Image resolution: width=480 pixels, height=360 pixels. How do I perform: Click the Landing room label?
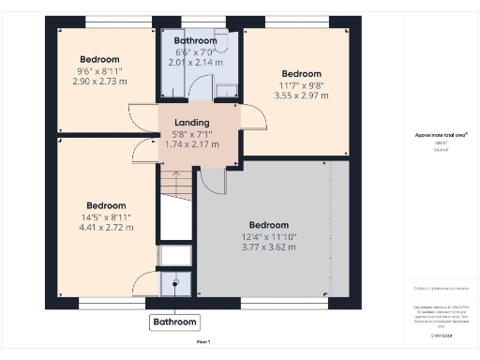coord(198,123)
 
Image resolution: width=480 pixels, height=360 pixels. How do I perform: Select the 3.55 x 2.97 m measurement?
coord(301,96)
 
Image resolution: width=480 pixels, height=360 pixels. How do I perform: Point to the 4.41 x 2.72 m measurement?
coord(106,227)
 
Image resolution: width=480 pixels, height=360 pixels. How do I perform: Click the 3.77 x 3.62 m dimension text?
coord(268,247)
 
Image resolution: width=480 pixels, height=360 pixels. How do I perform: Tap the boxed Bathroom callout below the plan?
coord(175,322)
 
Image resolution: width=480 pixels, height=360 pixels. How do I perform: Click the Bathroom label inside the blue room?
coord(195,40)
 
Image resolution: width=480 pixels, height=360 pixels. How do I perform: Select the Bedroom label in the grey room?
coord(268,225)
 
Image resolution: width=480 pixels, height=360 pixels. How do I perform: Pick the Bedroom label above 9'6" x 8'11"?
coord(105,59)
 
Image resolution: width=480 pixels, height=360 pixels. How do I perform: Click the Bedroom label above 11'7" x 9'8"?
coord(301,74)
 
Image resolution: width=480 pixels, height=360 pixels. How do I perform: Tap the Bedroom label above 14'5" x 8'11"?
coord(106,205)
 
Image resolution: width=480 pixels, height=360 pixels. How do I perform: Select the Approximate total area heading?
coord(440,135)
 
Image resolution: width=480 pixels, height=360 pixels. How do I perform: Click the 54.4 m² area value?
coord(440,149)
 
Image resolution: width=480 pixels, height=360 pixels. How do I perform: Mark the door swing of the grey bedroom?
coord(213,180)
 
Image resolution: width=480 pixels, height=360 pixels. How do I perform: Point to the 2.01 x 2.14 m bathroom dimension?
coord(195,62)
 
